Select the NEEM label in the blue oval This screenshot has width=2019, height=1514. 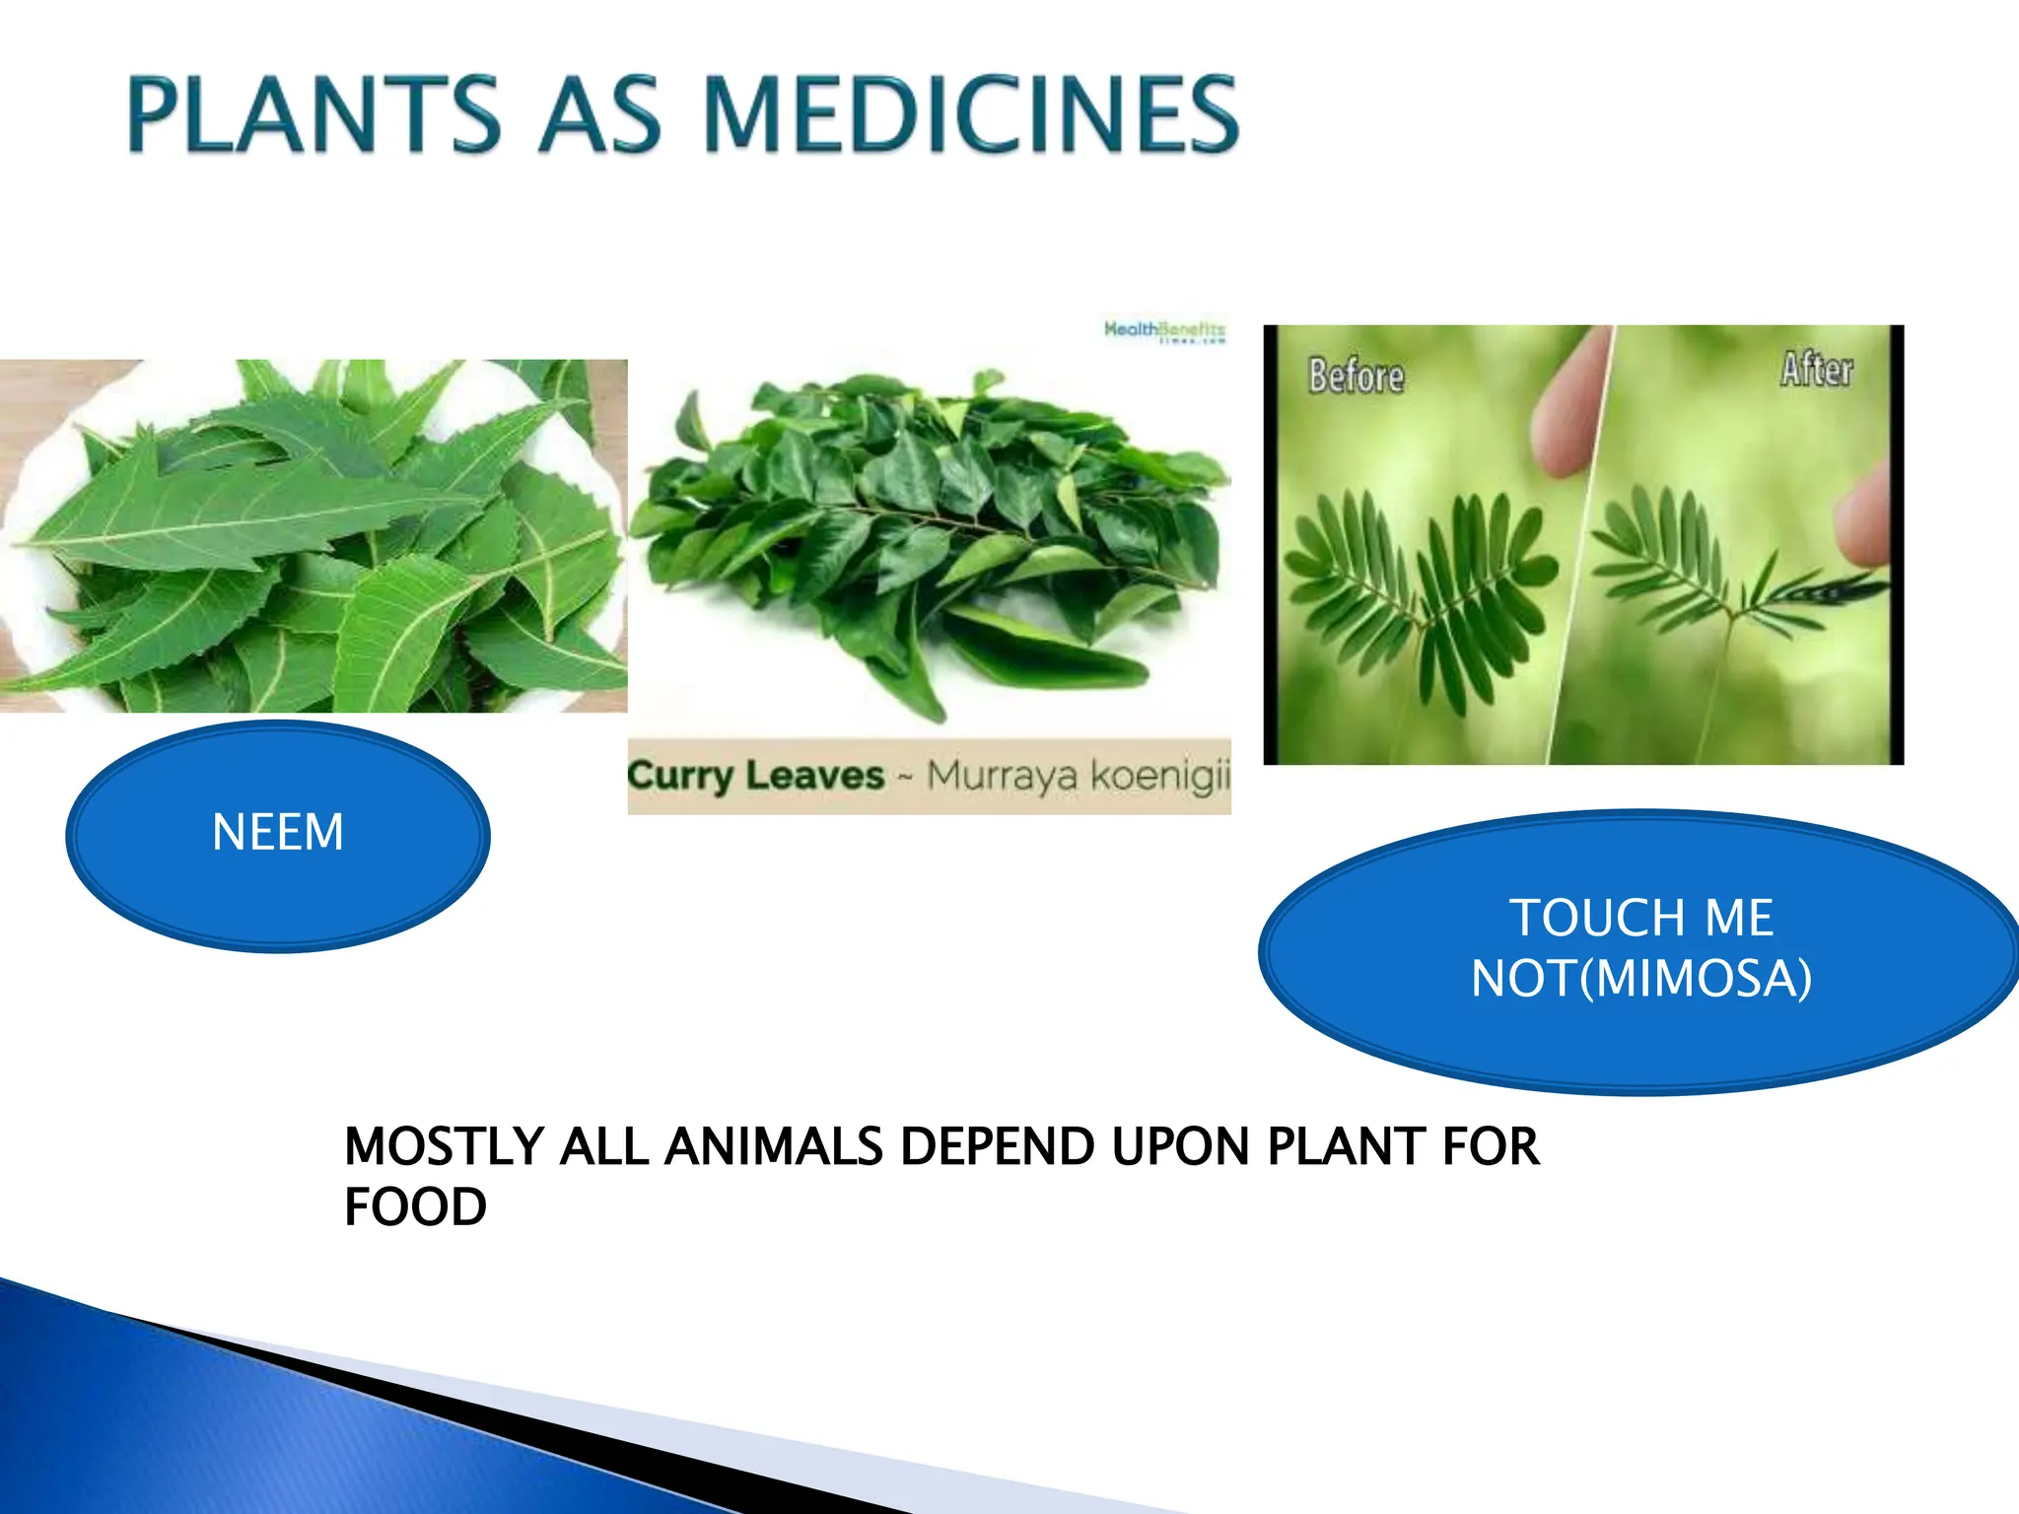(x=278, y=832)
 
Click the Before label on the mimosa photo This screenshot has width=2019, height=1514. (x=1356, y=376)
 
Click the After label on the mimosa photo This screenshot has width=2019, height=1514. (x=1816, y=370)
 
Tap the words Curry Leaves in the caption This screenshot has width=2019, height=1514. (x=755, y=775)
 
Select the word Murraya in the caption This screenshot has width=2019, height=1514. (x=1001, y=775)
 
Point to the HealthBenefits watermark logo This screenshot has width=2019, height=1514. (x=1164, y=330)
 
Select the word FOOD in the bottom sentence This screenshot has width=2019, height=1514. (x=415, y=1207)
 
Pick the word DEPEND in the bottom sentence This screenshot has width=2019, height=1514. (x=997, y=1146)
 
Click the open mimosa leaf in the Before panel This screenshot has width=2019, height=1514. (x=1420, y=591)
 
